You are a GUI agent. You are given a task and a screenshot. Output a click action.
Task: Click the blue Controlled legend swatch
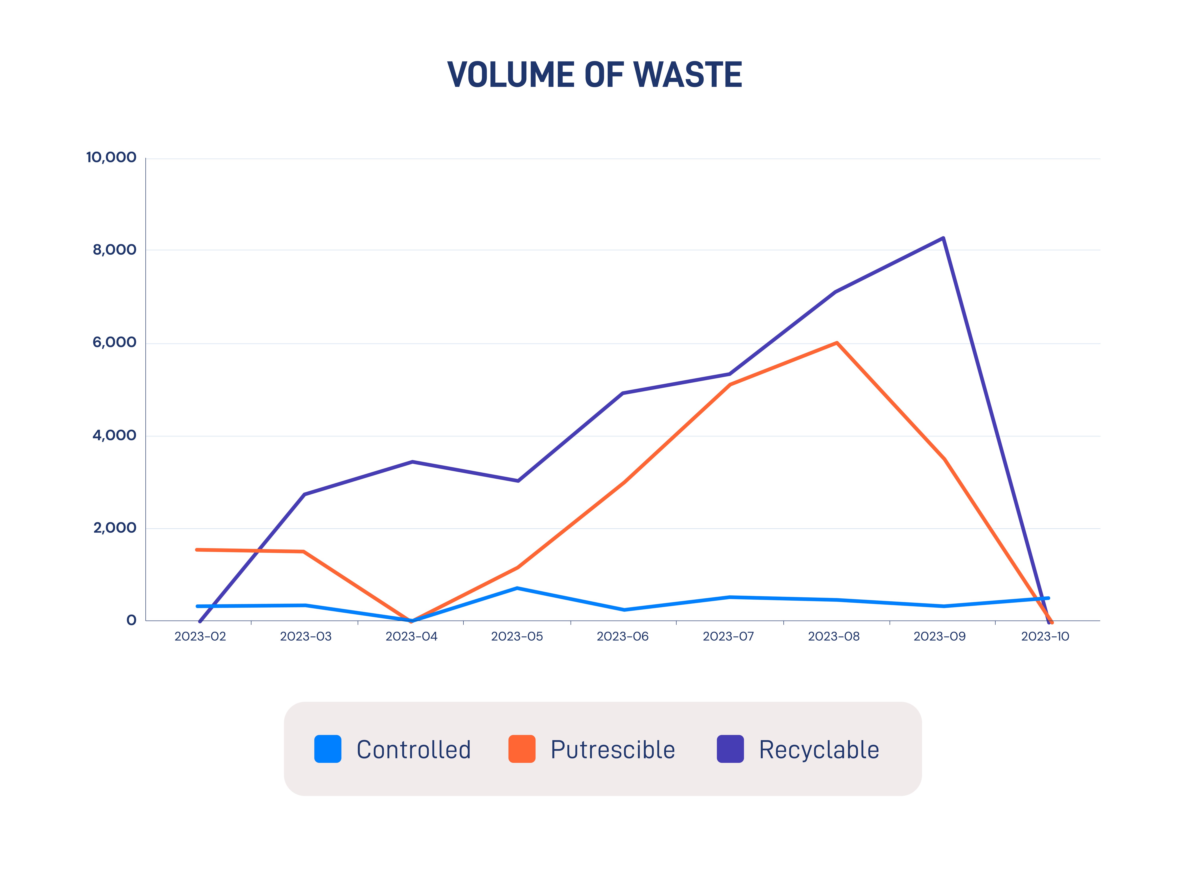tap(328, 749)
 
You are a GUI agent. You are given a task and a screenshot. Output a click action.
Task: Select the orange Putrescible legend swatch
tap(522, 749)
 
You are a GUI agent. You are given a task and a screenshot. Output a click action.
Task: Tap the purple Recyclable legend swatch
tap(730, 749)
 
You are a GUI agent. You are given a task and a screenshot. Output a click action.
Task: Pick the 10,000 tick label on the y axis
tap(111, 157)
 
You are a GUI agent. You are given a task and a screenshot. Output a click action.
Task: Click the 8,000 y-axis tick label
tap(114, 250)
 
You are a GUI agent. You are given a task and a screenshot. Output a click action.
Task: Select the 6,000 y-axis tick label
tap(114, 343)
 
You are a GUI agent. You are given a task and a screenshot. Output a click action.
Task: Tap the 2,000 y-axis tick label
tap(114, 528)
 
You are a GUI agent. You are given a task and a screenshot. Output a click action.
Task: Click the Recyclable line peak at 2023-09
tap(943, 238)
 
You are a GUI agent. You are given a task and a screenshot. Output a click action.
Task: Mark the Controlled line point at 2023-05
tap(517, 588)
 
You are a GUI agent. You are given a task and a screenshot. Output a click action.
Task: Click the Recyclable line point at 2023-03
tap(304, 494)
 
